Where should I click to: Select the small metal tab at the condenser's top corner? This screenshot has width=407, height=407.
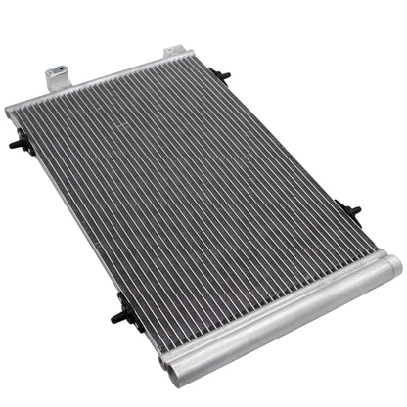[x=173, y=51]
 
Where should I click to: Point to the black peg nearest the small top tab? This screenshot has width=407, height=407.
[x=222, y=75]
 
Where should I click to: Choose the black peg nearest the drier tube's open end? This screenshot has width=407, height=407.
[x=122, y=311]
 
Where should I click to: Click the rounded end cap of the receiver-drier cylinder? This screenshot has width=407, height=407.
[x=390, y=262]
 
